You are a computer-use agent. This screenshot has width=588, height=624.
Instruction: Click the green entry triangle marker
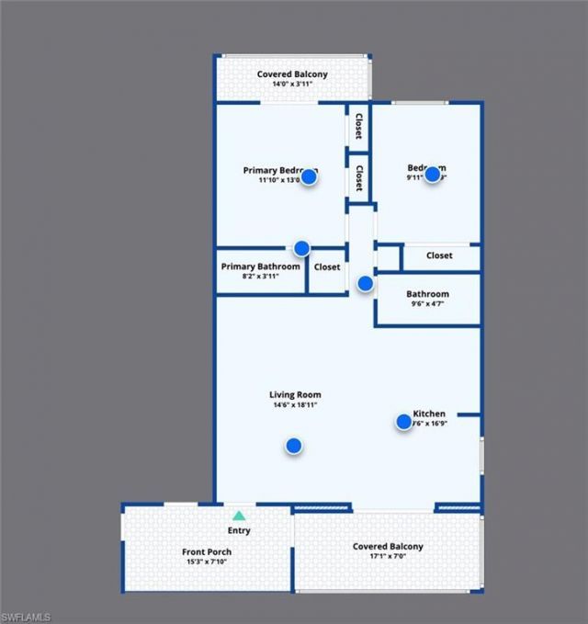(239, 516)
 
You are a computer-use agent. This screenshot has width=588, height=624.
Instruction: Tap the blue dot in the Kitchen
(403, 422)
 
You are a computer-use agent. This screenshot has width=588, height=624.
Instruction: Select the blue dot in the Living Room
(294, 446)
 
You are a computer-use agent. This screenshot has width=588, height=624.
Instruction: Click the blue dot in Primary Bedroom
(310, 177)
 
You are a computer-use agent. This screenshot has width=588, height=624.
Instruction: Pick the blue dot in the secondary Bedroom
(433, 174)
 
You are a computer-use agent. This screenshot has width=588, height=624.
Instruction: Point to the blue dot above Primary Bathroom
(301, 247)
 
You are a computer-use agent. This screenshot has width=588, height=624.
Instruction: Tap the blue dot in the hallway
(365, 284)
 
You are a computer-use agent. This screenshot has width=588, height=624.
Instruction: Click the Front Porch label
(207, 552)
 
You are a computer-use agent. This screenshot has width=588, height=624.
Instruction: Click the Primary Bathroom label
(261, 267)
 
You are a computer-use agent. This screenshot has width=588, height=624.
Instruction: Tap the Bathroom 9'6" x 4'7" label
(427, 294)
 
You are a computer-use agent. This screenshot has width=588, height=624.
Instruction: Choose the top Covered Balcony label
(292, 74)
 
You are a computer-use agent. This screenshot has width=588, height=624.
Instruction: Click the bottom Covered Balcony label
(388, 547)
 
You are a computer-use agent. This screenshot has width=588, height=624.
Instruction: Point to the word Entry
(239, 530)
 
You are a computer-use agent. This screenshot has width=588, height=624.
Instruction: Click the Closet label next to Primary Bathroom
(327, 267)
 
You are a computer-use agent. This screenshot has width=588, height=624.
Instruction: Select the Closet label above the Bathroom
(439, 255)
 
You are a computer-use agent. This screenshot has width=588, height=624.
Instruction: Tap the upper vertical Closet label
(357, 128)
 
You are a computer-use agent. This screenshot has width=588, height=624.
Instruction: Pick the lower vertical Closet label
(357, 177)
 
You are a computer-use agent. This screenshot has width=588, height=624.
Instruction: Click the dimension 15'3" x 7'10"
(207, 562)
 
